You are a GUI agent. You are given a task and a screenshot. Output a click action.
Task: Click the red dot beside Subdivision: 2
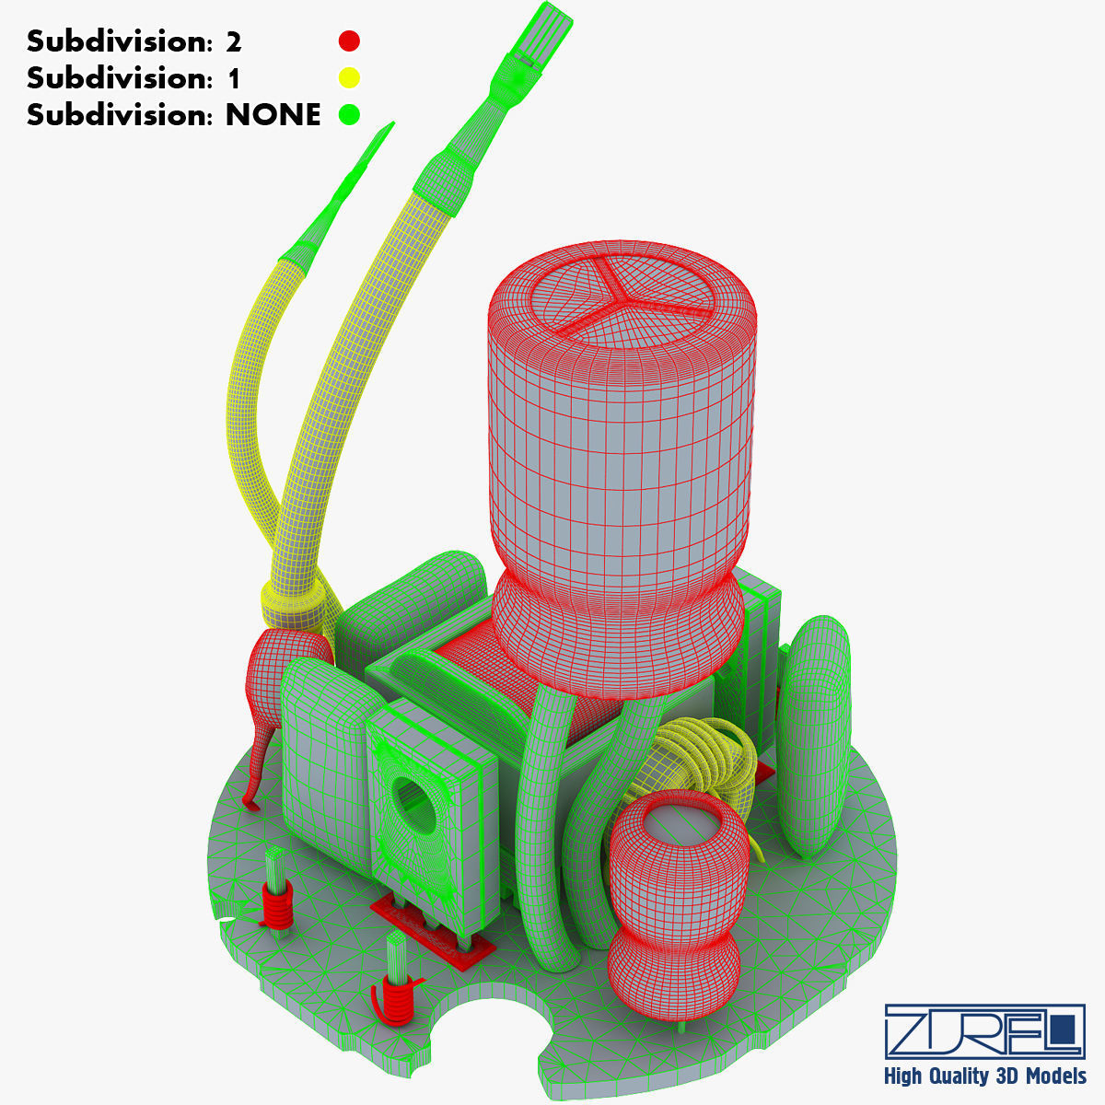click(x=349, y=41)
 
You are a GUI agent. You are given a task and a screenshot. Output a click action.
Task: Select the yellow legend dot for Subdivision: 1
click(x=349, y=77)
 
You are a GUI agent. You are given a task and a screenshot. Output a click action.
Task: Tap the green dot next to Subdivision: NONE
click(x=349, y=114)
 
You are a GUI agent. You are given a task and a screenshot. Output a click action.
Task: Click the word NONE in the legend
click(x=273, y=115)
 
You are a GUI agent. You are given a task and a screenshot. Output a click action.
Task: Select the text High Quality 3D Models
click(x=984, y=1076)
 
